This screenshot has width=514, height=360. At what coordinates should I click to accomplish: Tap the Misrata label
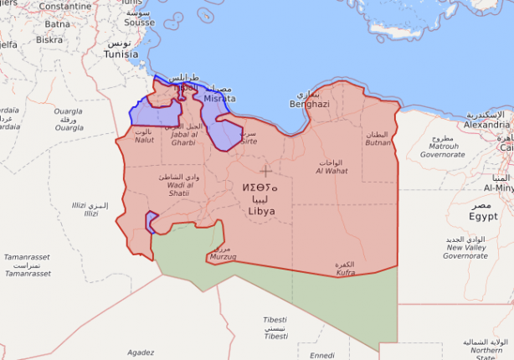219,98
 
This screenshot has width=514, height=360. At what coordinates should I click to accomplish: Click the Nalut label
144,140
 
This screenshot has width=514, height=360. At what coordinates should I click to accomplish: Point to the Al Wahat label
332,171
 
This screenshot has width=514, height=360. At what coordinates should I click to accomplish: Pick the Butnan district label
378,143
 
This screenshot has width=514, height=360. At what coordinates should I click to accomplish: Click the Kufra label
345,272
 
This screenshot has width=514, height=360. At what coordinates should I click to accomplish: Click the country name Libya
260,211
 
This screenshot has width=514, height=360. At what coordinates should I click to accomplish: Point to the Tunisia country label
121,54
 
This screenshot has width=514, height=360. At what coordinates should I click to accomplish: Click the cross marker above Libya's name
266,171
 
